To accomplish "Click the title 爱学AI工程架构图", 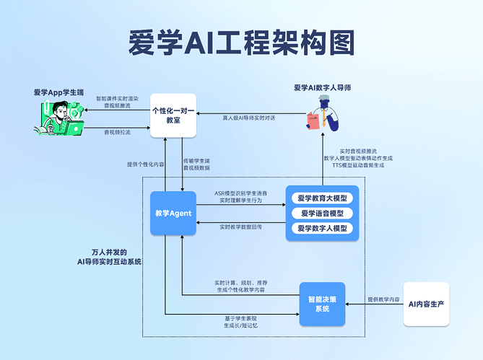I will tap(241, 43).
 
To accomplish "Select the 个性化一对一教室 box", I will tap(174, 115).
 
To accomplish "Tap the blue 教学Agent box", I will tap(173, 213).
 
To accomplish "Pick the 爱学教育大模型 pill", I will tap(322, 198).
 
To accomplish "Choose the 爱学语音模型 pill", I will tap(322, 214).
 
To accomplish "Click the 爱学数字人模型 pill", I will tap(322, 229).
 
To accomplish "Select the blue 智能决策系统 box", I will tap(322, 303).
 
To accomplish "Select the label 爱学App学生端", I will tap(58, 92).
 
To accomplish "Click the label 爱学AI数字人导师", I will tap(322, 88).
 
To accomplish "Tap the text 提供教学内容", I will tap(383, 299).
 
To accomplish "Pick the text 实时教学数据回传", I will tap(242, 227).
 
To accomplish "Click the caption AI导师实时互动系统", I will tap(110, 261).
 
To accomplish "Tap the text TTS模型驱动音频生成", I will tap(358, 165).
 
